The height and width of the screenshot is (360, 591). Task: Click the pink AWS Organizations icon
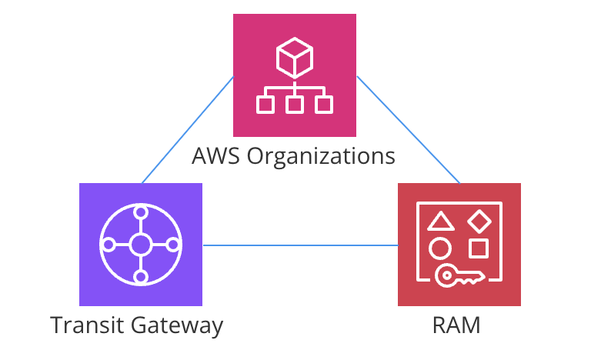point(295,75)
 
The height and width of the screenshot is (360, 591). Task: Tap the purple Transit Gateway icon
point(141,245)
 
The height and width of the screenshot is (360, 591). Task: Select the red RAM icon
point(459,245)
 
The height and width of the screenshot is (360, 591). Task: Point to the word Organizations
point(322,157)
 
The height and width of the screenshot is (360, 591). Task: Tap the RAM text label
point(456,325)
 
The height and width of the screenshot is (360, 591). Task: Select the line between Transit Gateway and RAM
point(300,245)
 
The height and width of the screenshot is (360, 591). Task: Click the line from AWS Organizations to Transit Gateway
point(188,130)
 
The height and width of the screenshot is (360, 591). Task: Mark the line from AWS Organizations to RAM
point(408,130)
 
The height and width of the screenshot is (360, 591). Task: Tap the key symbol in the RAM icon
point(459,275)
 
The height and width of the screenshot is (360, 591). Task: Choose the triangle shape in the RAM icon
point(439,222)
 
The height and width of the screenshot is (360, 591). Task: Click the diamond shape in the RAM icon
point(479,221)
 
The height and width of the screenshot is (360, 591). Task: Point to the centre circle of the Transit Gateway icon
point(141,245)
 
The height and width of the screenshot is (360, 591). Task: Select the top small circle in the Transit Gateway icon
point(141,213)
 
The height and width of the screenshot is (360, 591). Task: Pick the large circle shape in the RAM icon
point(439,248)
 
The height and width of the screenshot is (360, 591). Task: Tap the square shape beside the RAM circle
point(479,248)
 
